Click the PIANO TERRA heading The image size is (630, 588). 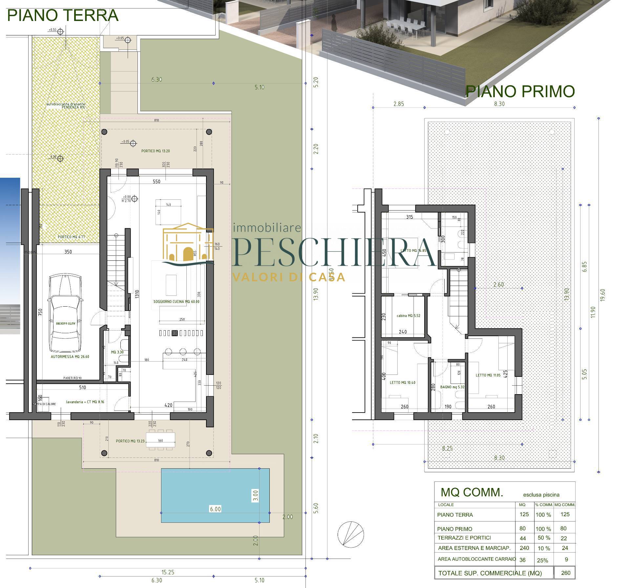[x=62, y=15]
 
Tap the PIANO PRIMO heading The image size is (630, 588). [x=520, y=91]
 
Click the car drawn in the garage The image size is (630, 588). [x=65, y=313]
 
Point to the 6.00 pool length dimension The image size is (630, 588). [x=215, y=509]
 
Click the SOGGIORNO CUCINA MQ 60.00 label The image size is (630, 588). [x=176, y=301]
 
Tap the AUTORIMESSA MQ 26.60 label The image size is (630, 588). [x=70, y=356]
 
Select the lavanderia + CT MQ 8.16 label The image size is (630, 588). [x=85, y=402]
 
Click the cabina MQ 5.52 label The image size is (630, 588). [x=408, y=316]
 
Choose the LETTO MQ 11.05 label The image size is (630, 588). [x=488, y=375]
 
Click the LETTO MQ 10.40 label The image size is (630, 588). [x=402, y=382]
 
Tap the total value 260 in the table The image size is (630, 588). [x=566, y=573]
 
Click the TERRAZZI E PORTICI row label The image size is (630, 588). [x=464, y=538]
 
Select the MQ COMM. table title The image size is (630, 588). [x=472, y=492]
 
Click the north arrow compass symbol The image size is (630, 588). [x=350, y=533]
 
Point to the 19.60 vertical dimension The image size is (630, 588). [x=602, y=295]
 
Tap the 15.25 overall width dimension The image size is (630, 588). [x=167, y=572]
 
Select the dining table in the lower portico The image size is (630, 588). [x=160, y=440]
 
